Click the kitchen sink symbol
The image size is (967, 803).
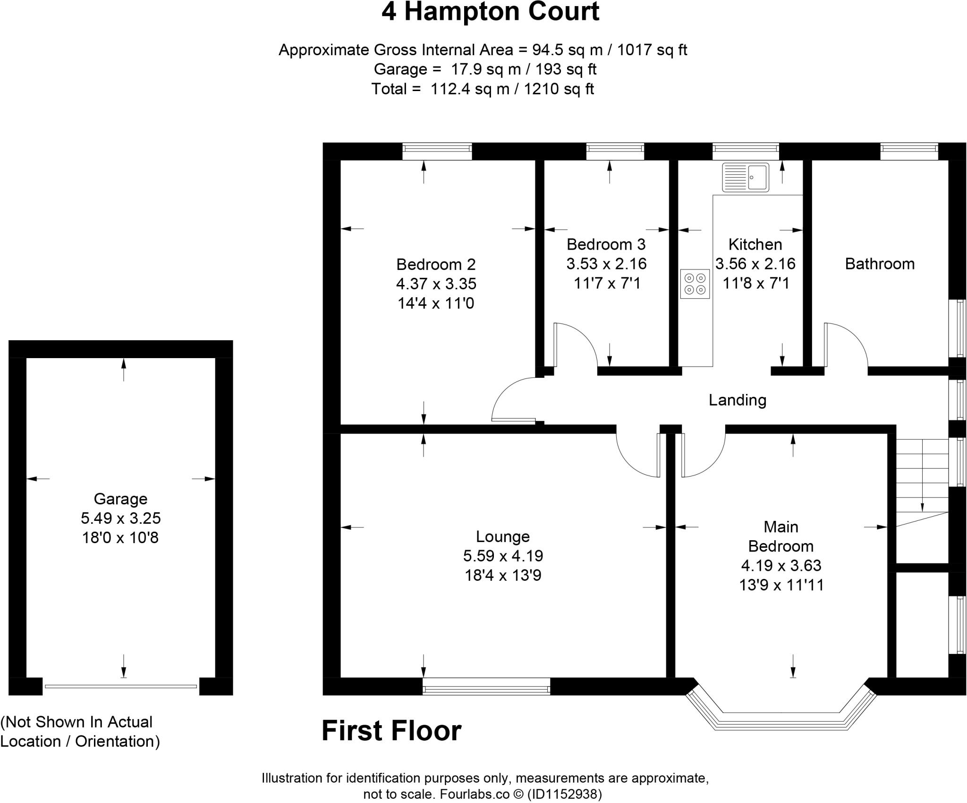(x=745, y=177)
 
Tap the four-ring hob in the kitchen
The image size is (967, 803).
(x=695, y=284)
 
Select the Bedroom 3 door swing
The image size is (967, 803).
(x=575, y=344)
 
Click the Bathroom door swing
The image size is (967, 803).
(x=845, y=344)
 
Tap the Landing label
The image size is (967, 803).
(x=737, y=400)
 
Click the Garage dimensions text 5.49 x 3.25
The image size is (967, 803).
(x=120, y=518)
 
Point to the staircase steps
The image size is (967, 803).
(x=922, y=477)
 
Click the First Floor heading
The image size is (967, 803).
(x=391, y=731)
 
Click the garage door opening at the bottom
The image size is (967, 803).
(x=121, y=686)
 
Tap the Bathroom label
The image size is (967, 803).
(x=879, y=264)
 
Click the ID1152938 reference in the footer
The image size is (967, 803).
(x=564, y=795)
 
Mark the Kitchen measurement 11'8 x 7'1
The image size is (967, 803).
(x=756, y=283)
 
